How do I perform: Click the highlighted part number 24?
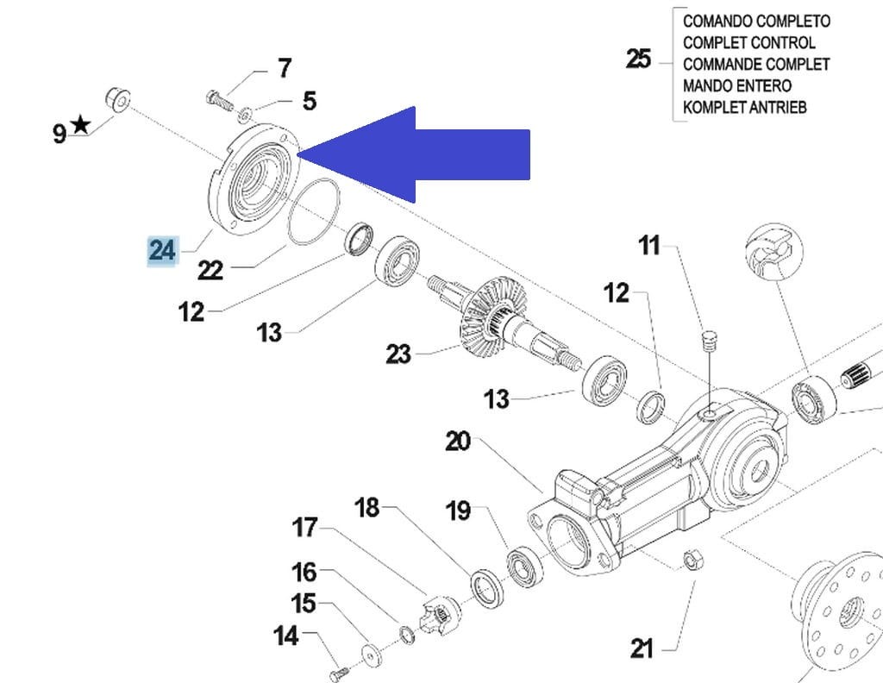tap(162, 250)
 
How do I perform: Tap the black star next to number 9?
tap(80, 126)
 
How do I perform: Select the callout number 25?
tap(638, 60)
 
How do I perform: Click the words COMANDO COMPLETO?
tap(756, 21)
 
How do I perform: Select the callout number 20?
tap(458, 442)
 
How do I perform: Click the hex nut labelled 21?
tap(690, 561)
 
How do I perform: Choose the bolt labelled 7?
tap(220, 99)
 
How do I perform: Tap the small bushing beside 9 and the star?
tap(116, 98)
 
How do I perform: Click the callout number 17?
tap(304, 526)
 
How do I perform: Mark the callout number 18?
tap(367, 508)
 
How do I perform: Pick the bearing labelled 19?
tap(523, 568)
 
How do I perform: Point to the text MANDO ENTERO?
tap(736, 86)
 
